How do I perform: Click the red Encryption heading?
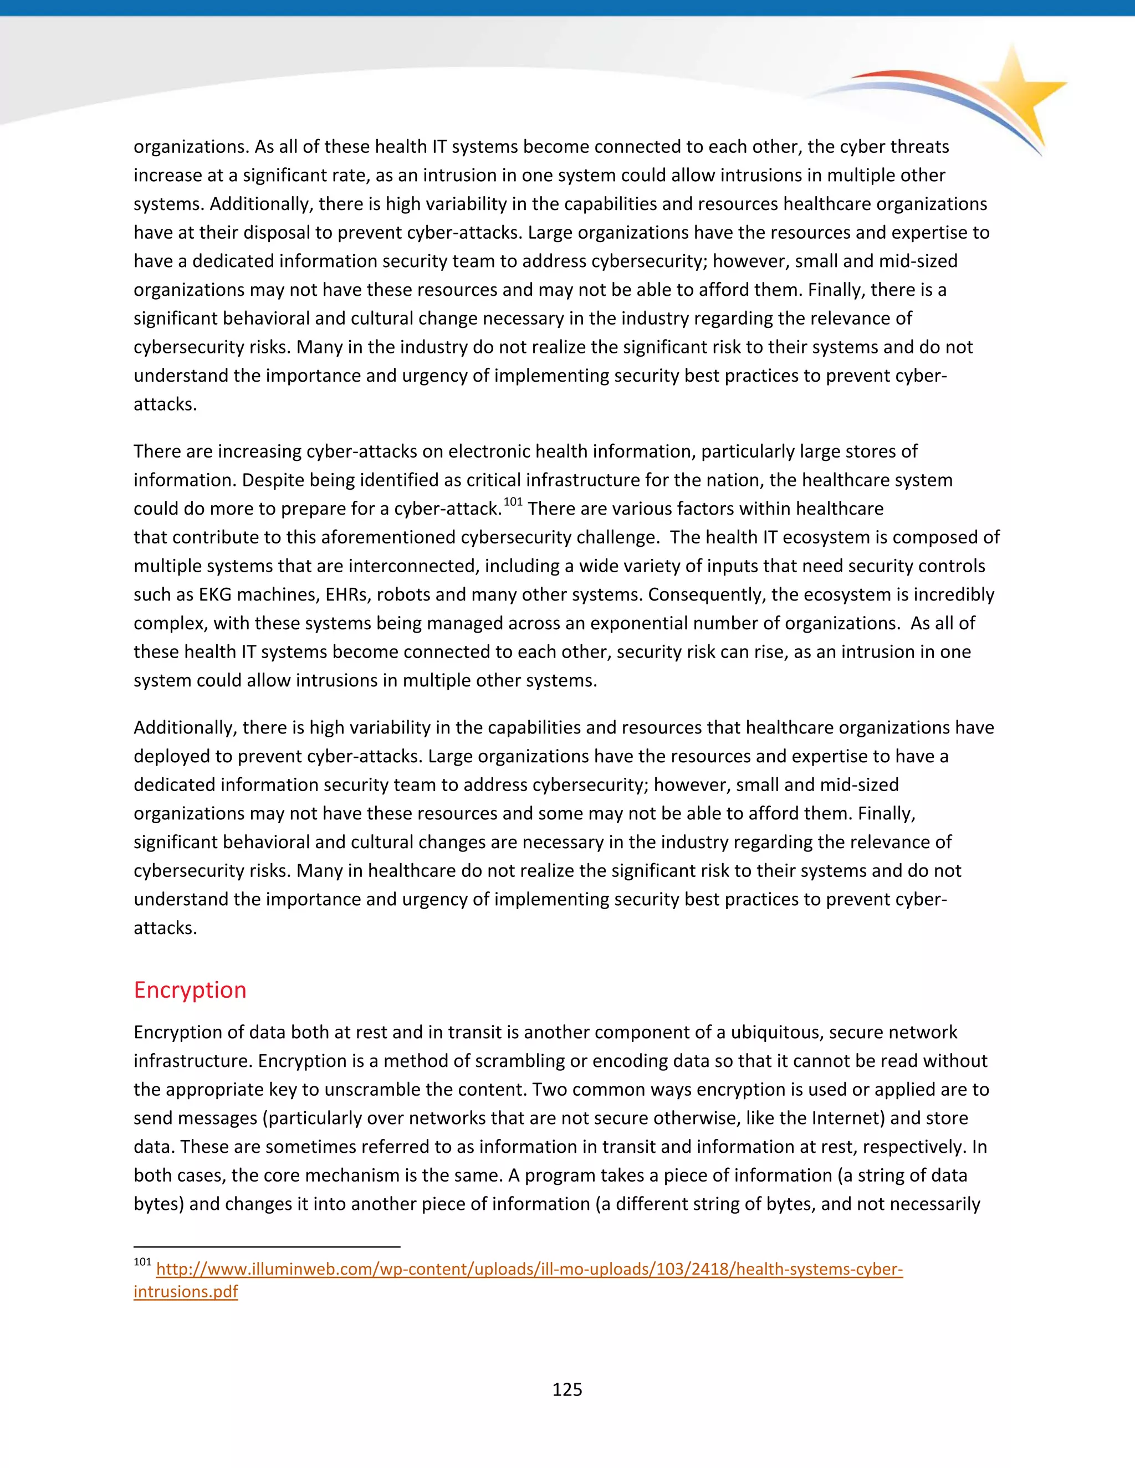[190, 990]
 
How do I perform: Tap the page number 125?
[567, 1389]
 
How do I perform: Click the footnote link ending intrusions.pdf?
[186, 1291]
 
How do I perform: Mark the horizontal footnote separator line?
[267, 1247]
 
